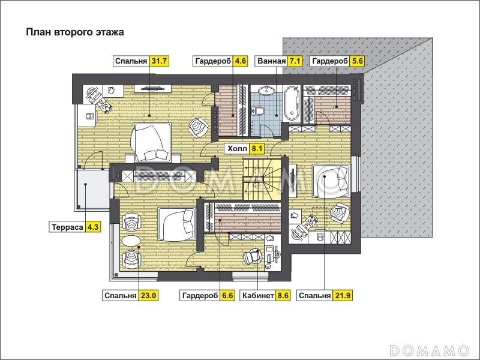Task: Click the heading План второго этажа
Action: coord(74,32)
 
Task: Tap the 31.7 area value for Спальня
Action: coord(159,61)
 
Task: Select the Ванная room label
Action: coord(272,61)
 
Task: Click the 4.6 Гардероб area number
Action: coord(240,61)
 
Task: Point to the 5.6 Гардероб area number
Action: coord(357,61)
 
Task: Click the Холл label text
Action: coord(237,149)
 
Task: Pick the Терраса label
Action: coord(67,227)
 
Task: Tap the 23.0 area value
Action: coord(149,296)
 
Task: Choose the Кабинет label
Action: coord(258,296)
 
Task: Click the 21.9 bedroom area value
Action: coord(343,296)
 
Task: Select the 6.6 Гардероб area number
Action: coord(227,296)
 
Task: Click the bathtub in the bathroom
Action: coord(292,104)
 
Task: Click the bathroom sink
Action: coord(266,91)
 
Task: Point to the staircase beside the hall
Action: coord(262,179)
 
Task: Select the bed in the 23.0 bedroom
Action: coord(176,224)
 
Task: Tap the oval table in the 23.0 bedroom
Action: coord(131,241)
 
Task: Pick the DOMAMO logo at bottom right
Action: coord(429,350)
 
